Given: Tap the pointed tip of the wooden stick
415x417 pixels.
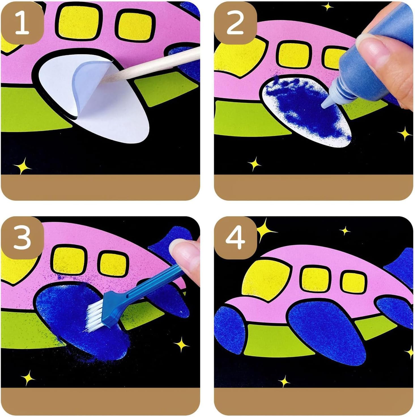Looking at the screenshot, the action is pos(102,80).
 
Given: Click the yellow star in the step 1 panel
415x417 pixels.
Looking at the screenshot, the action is pos(22,166).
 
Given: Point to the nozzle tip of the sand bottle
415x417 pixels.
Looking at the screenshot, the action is pos(324,106).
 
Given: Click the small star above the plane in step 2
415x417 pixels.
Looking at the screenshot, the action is pos(327,7).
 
